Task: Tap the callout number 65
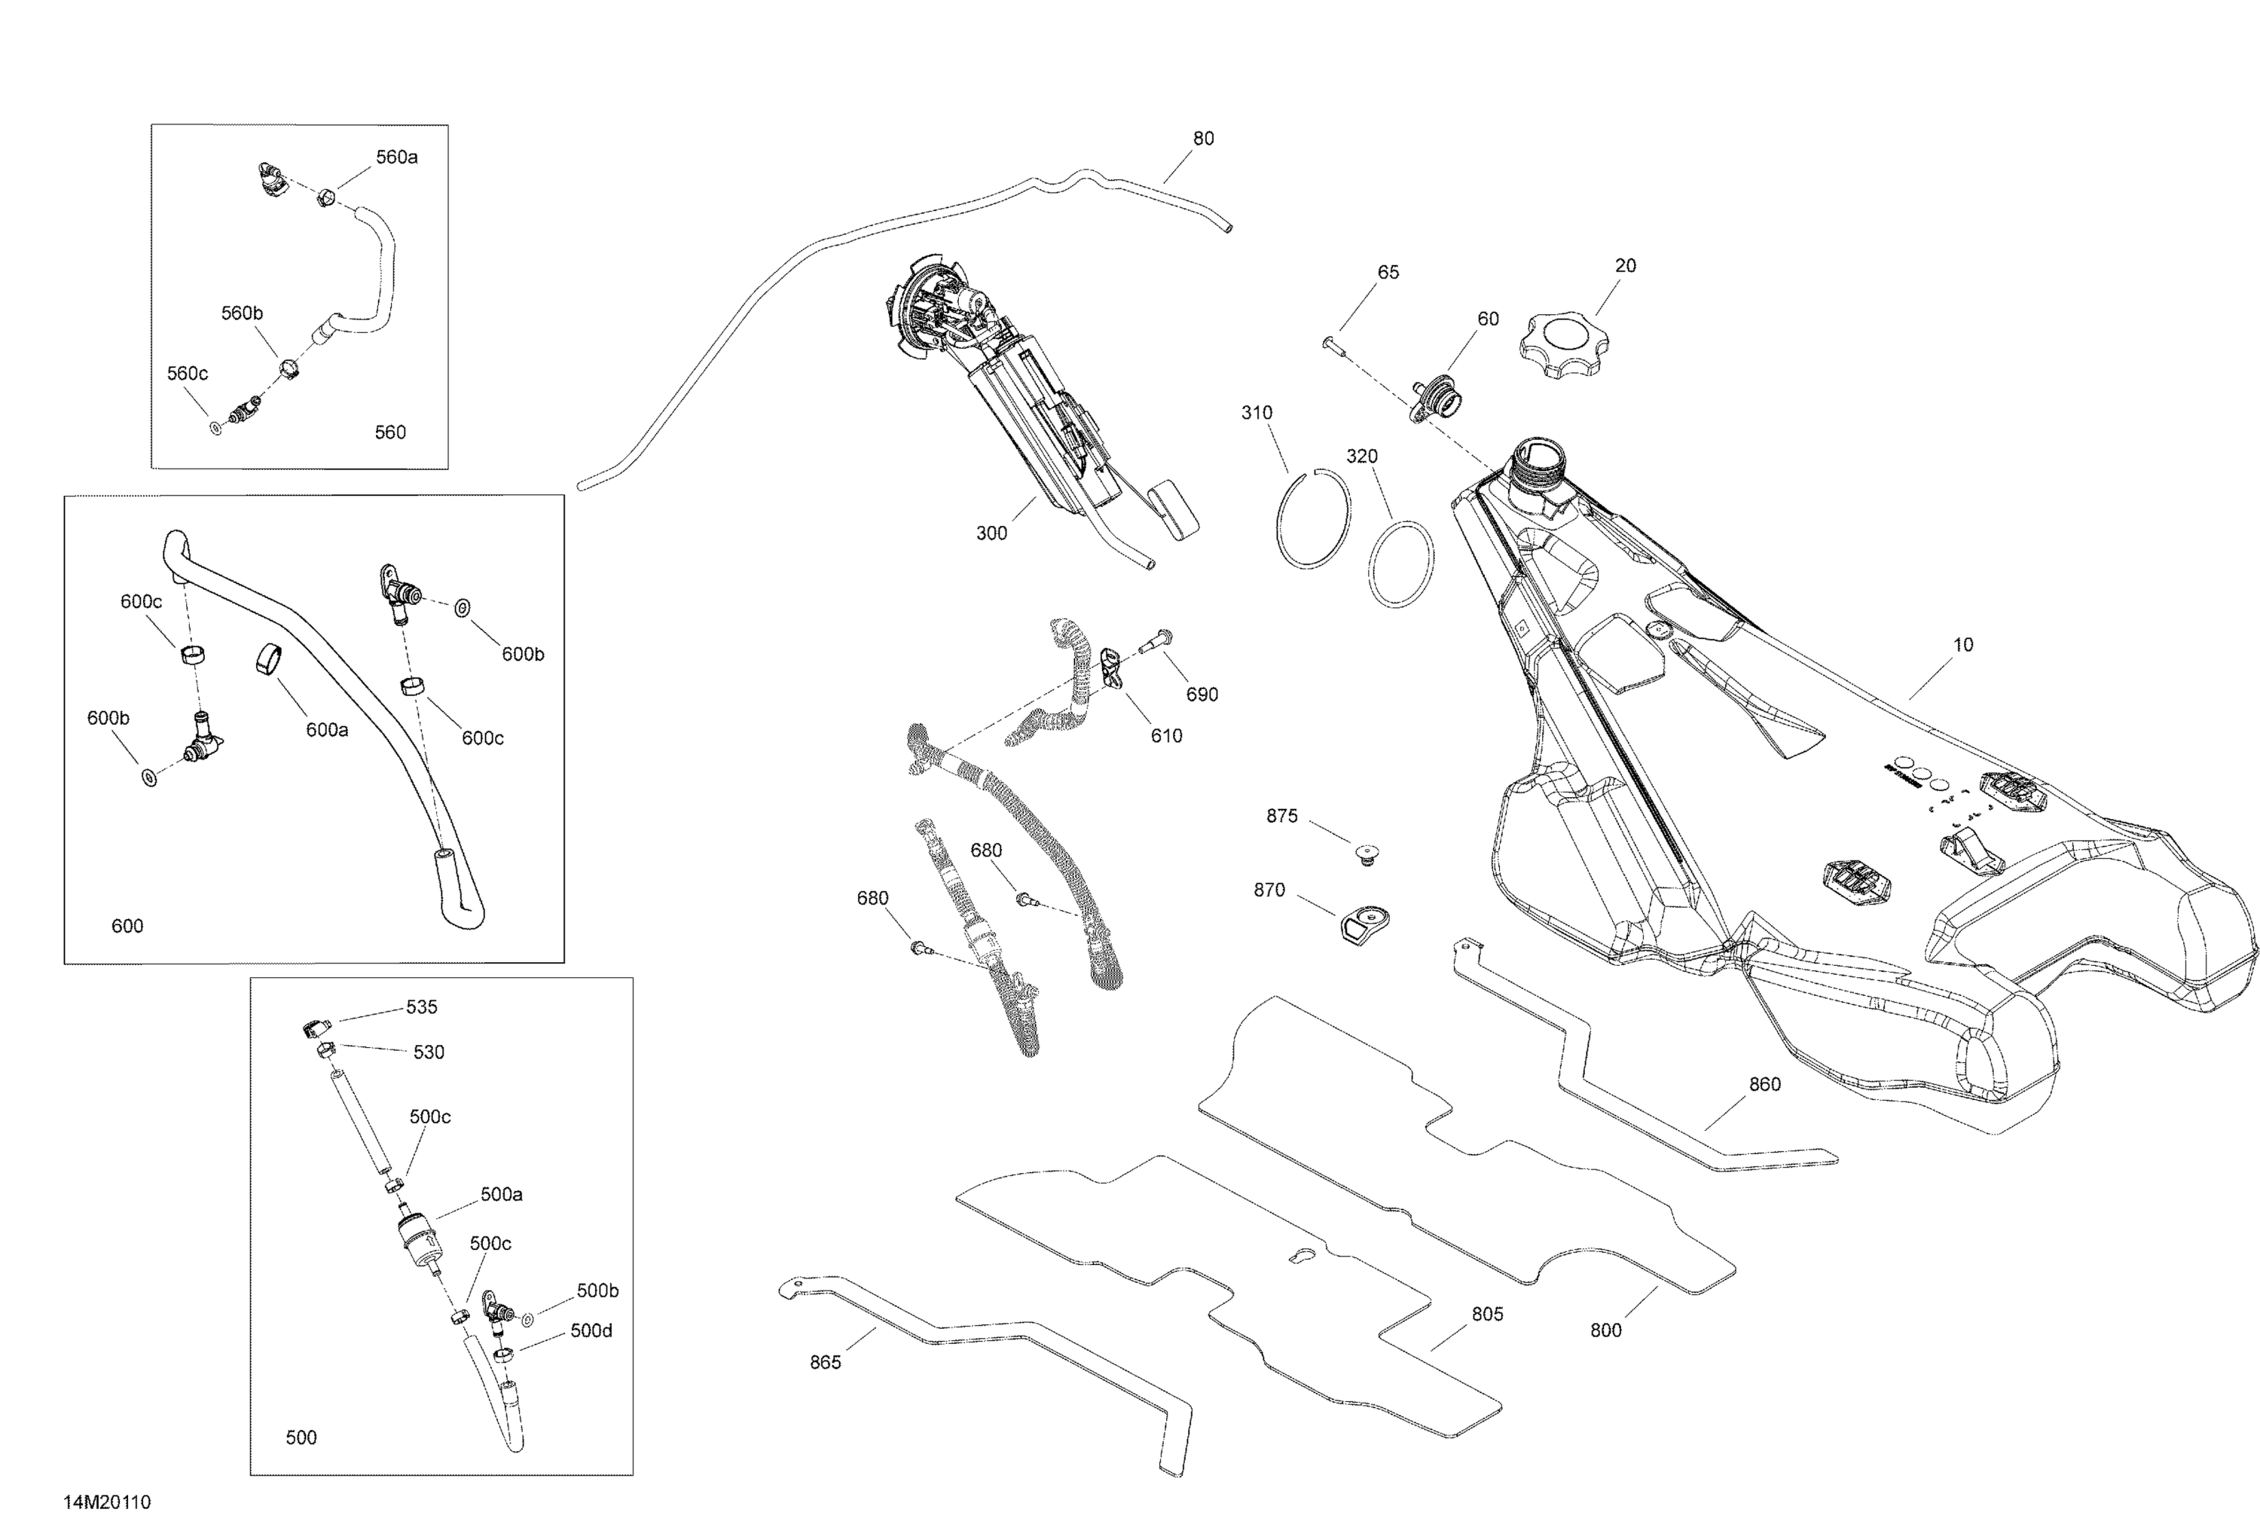click(1388, 273)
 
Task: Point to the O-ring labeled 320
click(1400, 564)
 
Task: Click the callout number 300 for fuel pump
click(991, 533)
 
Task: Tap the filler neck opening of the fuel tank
click(1535, 454)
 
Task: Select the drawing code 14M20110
click(107, 1501)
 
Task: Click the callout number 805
click(1487, 1314)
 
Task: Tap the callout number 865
click(825, 1362)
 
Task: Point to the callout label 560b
click(242, 313)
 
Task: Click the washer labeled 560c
click(215, 426)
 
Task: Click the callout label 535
click(421, 1006)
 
